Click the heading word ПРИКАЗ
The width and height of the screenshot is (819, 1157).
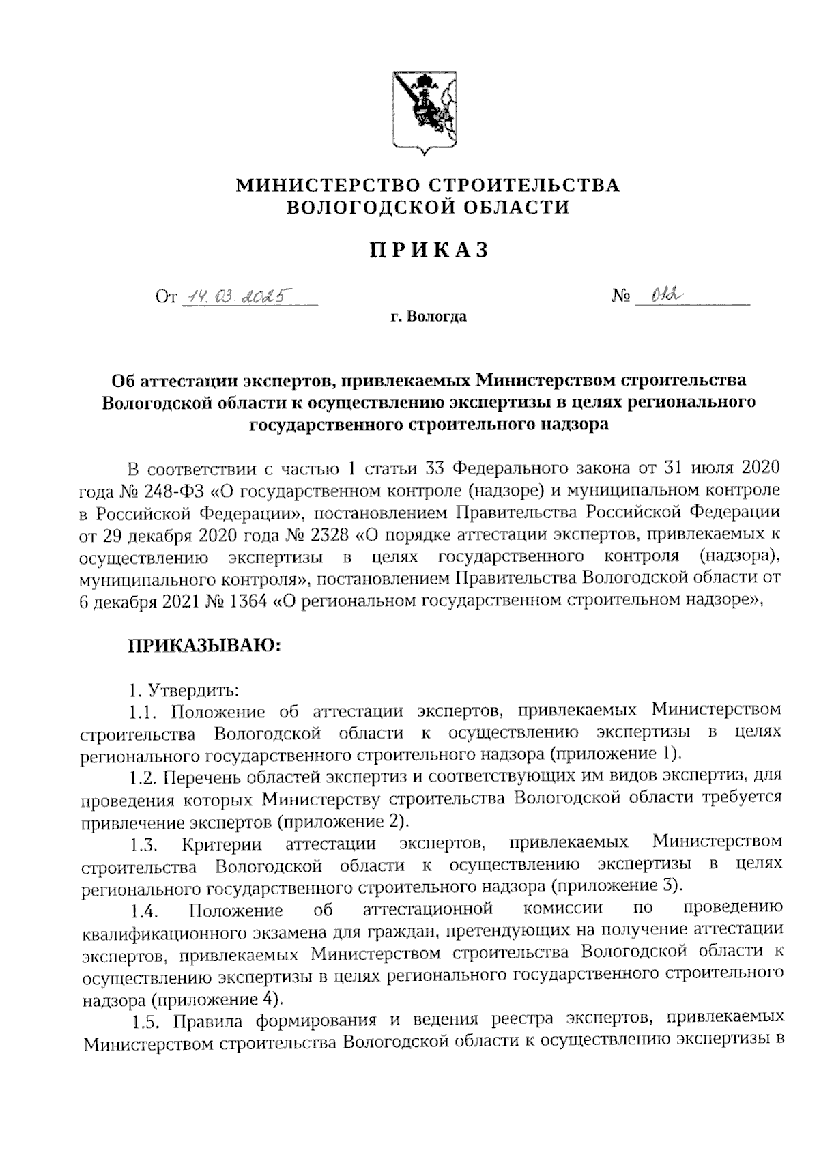[x=429, y=251]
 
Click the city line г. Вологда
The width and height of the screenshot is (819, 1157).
[x=429, y=317]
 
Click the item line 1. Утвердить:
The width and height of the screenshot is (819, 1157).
[x=184, y=689]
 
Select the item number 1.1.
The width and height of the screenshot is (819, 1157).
[x=144, y=712]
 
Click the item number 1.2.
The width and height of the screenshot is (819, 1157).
[x=144, y=777]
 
